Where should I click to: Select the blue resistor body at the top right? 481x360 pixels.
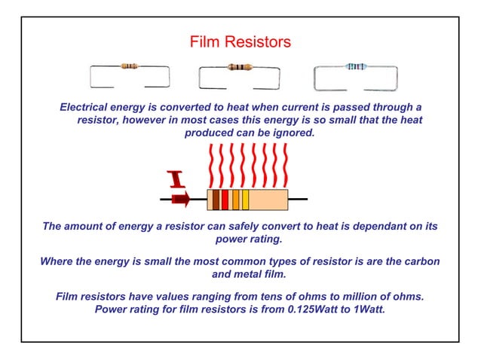point(355,67)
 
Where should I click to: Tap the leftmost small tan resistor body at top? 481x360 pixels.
point(129,66)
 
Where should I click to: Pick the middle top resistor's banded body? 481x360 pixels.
point(240,67)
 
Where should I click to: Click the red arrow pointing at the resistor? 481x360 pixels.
point(180,200)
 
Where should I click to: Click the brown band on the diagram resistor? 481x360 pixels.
point(216,200)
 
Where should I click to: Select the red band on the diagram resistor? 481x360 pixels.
point(225,200)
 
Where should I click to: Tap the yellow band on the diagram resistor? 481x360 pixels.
point(246,200)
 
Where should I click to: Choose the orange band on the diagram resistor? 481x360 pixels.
point(236,200)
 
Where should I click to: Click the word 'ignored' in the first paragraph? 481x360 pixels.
point(290,133)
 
